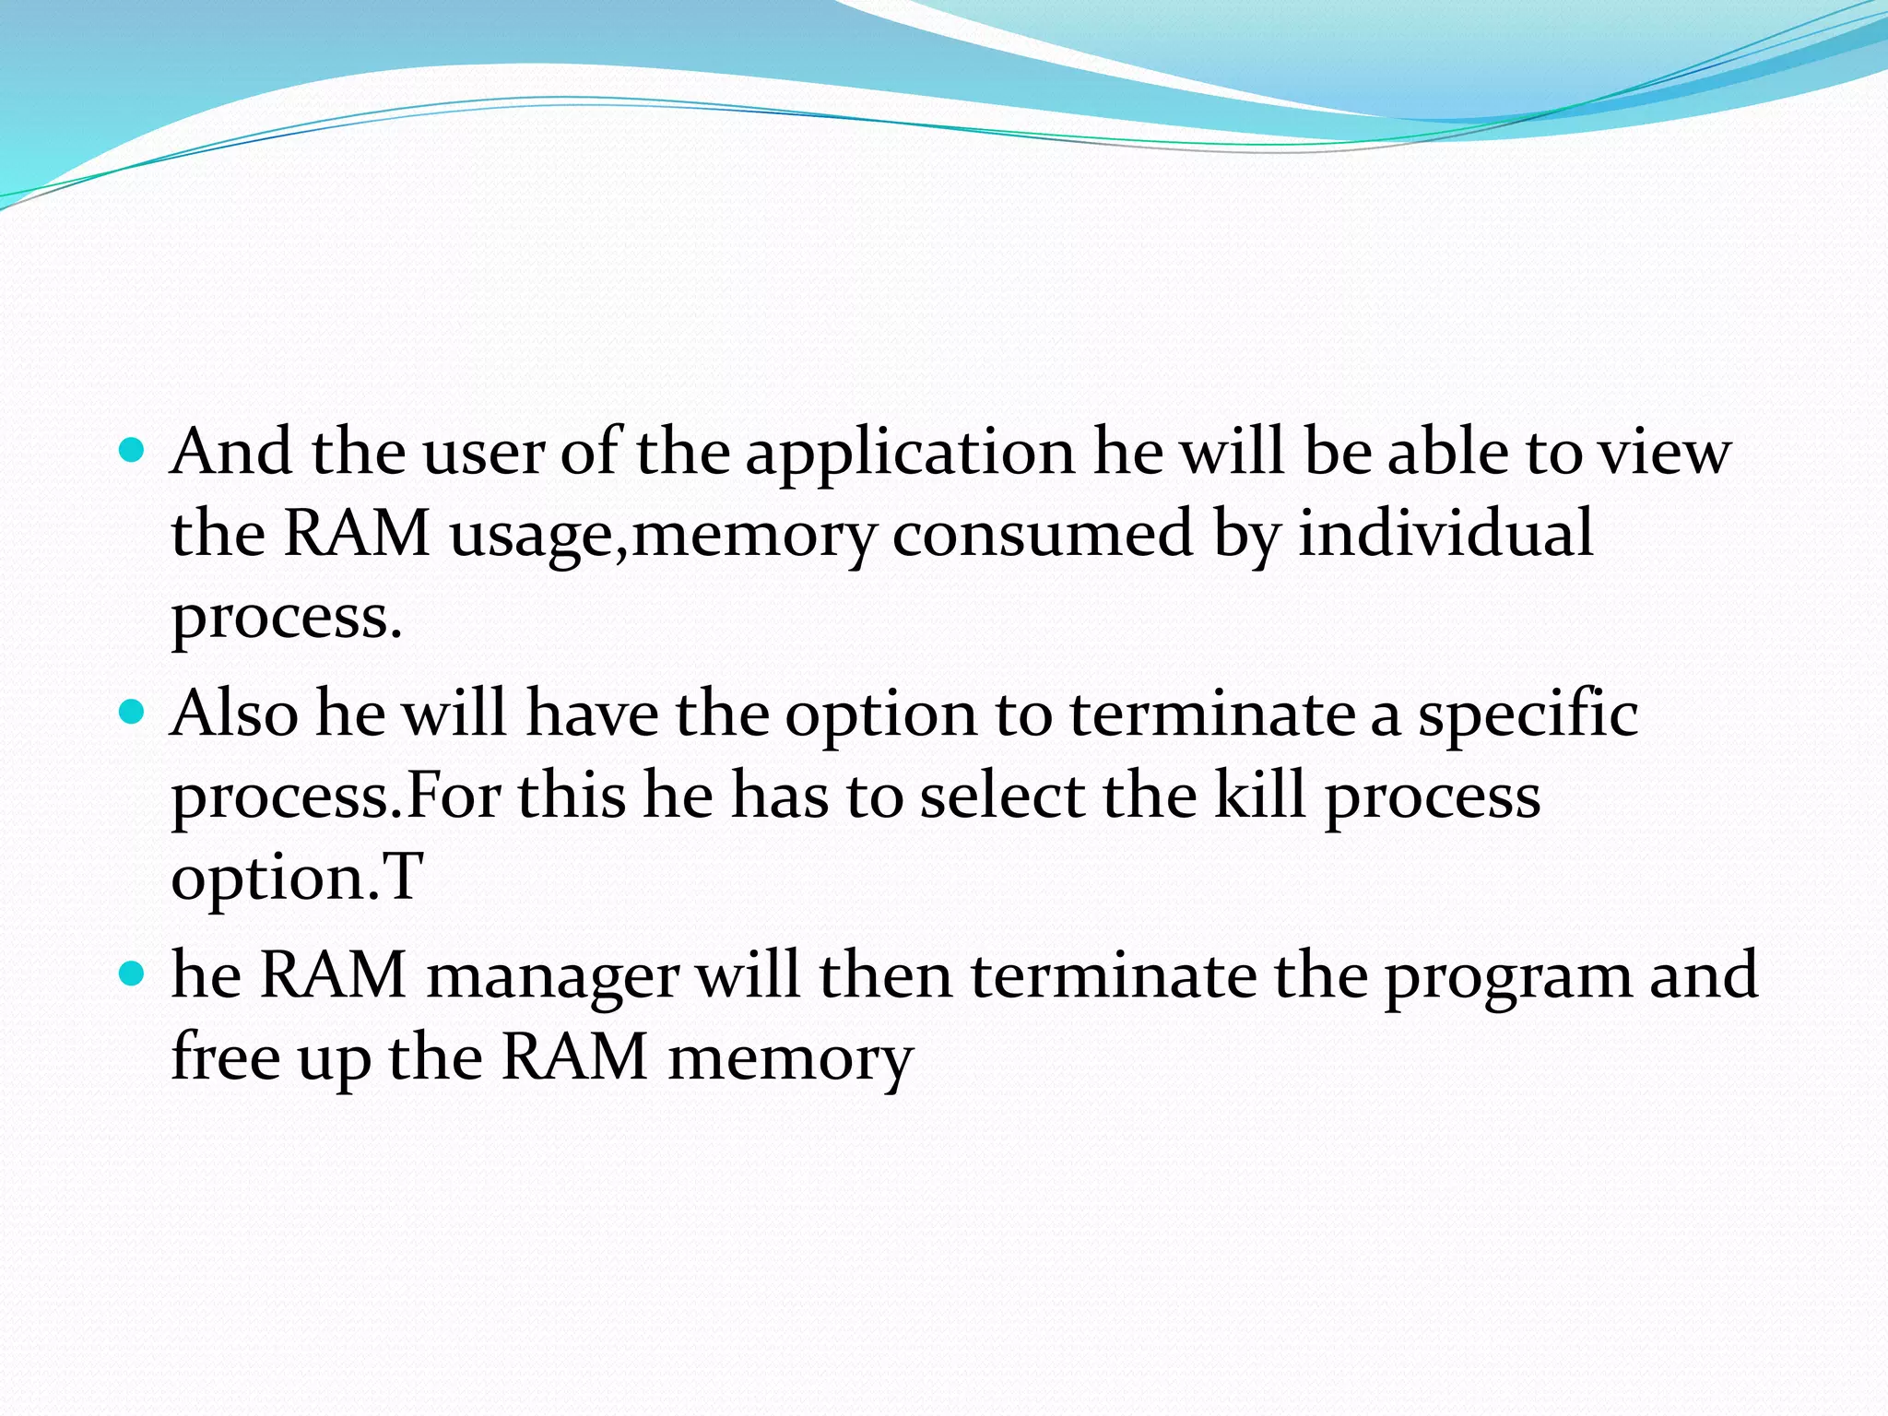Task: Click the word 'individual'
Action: pyautogui.click(x=1445, y=533)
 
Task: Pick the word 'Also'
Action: pyautogui.click(x=234, y=714)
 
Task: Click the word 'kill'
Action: pyautogui.click(x=1259, y=795)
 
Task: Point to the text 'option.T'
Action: pyautogui.click(x=297, y=877)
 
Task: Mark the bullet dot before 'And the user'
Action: pyautogui.click(x=133, y=451)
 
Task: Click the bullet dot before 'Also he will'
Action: pyautogui.click(x=133, y=713)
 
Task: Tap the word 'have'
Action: pyautogui.click(x=592, y=714)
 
